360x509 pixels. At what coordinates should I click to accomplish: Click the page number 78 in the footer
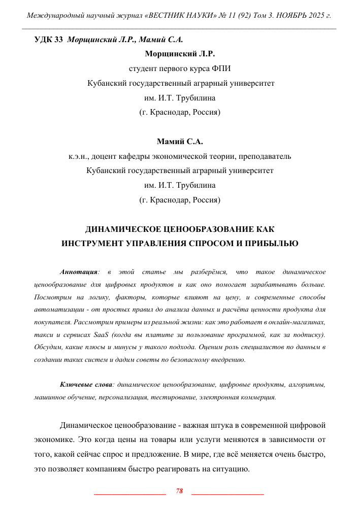tap(179, 491)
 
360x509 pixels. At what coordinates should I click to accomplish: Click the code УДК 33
tap(48, 40)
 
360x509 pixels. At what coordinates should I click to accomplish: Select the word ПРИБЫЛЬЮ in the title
tap(272, 243)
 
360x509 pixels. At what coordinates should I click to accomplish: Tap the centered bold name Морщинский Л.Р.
tap(180, 53)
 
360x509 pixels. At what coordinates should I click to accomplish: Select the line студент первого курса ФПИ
tap(180, 68)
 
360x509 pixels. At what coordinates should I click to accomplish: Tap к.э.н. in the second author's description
tap(79, 156)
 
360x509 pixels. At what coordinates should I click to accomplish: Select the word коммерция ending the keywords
tap(257, 397)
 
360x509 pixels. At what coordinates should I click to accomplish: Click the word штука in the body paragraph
tap(211, 425)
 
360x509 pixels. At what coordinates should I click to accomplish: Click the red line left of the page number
tap(130, 493)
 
